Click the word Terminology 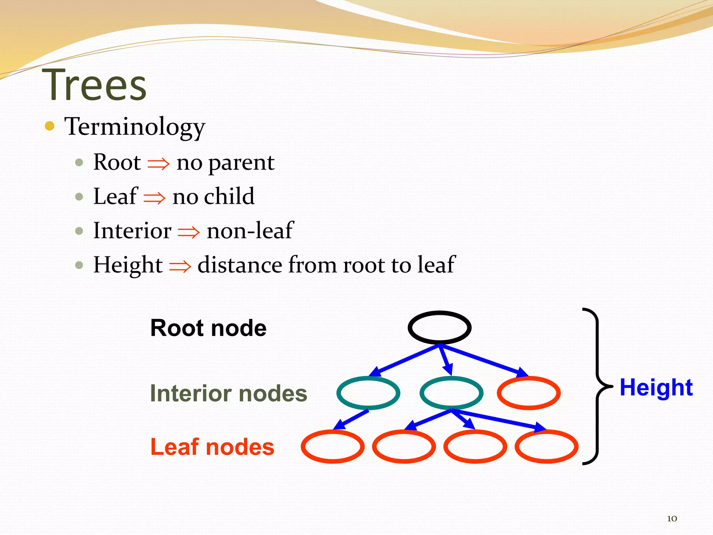click(x=135, y=127)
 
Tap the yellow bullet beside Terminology click(x=50, y=126)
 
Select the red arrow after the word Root click(x=158, y=163)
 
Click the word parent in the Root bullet click(x=241, y=163)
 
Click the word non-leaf click(x=250, y=231)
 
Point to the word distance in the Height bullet click(x=240, y=265)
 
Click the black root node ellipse click(x=439, y=327)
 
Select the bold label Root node click(x=208, y=328)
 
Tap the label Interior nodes click(x=228, y=393)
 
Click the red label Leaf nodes click(x=212, y=447)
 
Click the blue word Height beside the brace click(x=656, y=387)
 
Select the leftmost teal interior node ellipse click(x=368, y=393)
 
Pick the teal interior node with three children click(x=451, y=393)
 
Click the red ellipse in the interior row click(x=528, y=393)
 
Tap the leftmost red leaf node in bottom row click(x=332, y=447)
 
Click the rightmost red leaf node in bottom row click(x=546, y=447)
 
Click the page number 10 click(x=672, y=518)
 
